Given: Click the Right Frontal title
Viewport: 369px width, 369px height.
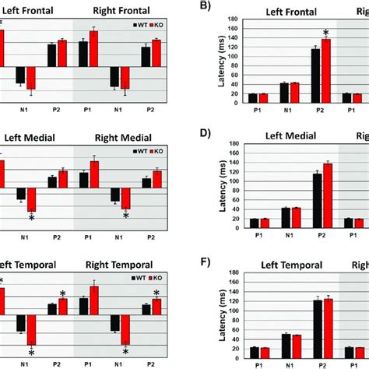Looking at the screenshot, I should click(x=119, y=12).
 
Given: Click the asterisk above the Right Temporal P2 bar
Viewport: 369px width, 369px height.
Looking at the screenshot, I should click(x=156, y=293).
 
